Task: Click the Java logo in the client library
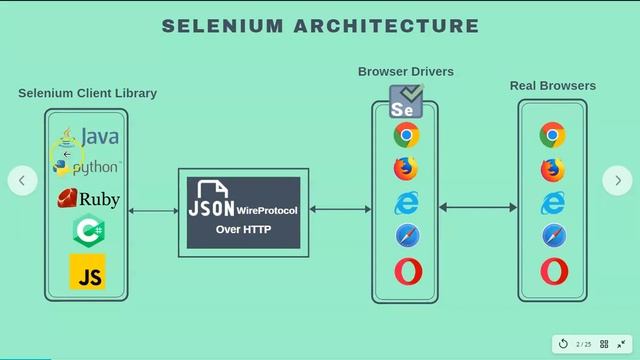pos(88,136)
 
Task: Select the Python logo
pos(87,166)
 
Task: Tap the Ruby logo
pos(88,199)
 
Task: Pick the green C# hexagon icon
pos(88,232)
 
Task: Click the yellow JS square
pos(88,272)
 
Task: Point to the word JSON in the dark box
pos(211,209)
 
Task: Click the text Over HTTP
pos(243,230)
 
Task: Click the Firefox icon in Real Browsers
pos(553,169)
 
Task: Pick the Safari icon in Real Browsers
pos(553,236)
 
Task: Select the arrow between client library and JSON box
pos(153,211)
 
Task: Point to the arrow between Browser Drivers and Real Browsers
pos(478,208)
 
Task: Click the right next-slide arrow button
pos(617,180)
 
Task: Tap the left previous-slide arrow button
pos(22,180)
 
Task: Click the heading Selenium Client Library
pos(87,93)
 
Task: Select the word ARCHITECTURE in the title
pos(384,26)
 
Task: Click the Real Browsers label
pos(552,86)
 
